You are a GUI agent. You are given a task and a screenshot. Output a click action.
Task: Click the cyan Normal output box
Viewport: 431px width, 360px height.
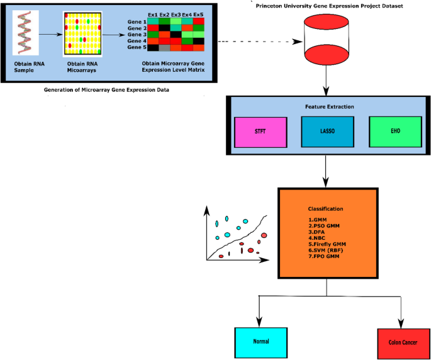[260, 341]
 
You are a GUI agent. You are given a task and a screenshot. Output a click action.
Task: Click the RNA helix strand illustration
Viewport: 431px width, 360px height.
[25, 35]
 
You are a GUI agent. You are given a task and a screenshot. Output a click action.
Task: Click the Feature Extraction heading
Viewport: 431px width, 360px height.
[326, 107]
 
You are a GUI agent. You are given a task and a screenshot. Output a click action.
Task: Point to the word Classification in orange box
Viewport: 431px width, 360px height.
[325, 208]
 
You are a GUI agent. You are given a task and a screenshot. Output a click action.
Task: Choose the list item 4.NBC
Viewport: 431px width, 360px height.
[316, 237]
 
